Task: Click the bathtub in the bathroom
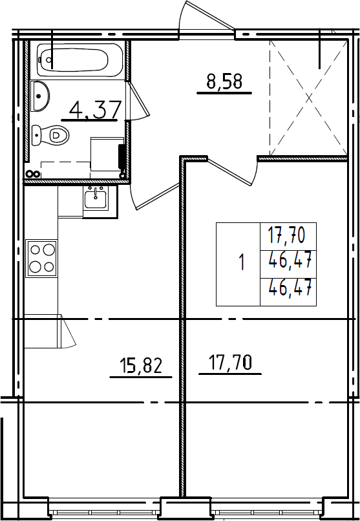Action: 79,60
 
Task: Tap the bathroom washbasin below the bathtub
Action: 40,96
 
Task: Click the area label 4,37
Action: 95,110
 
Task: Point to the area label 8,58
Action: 224,81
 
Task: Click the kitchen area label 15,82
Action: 141,365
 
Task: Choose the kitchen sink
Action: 96,198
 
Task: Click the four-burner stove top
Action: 42,258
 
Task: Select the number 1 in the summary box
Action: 242,262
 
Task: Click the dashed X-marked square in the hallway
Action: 308,98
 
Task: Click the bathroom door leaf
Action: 138,100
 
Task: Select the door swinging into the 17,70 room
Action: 233,173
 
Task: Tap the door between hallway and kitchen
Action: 156,197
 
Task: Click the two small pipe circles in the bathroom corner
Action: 33,174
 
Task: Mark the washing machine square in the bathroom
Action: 107,154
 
